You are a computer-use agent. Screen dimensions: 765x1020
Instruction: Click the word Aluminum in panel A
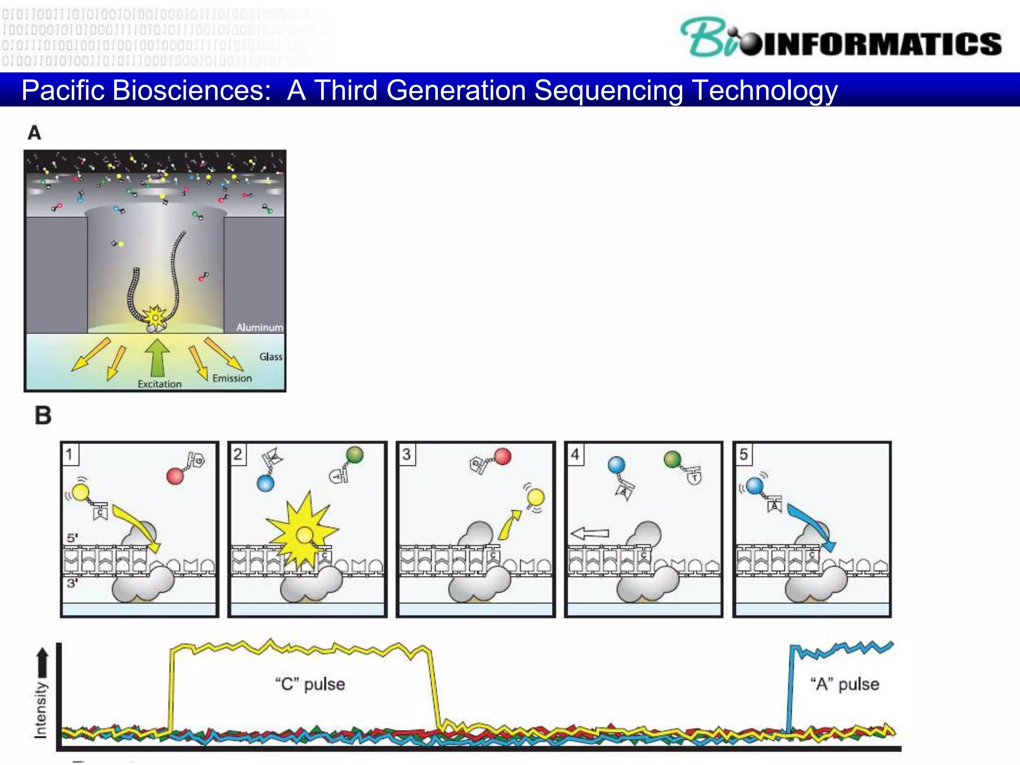[259, 327]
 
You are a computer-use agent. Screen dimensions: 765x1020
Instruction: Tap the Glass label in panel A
[270, 357]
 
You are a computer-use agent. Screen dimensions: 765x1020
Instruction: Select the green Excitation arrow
[157, 358]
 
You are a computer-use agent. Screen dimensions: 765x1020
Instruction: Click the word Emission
[232, 378]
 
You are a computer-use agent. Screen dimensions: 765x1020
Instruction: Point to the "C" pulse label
[310, 684]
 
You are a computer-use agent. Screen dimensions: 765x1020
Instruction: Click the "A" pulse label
[845, 684]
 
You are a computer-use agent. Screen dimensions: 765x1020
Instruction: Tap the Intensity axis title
[41, 710]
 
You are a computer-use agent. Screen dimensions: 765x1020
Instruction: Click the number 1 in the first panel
[70, 454]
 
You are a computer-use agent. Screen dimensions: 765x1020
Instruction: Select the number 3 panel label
[406, 454]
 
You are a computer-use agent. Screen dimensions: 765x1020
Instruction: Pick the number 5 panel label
[743, 454]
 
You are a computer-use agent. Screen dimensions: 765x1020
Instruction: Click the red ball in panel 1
[175, 476]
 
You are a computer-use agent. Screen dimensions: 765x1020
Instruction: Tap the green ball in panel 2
[355, 454]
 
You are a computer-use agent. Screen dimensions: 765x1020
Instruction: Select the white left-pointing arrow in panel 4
[590, 534]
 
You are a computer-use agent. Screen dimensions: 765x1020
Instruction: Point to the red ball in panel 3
[503, 456]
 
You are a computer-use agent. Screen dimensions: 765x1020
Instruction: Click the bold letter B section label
[43, 415]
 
